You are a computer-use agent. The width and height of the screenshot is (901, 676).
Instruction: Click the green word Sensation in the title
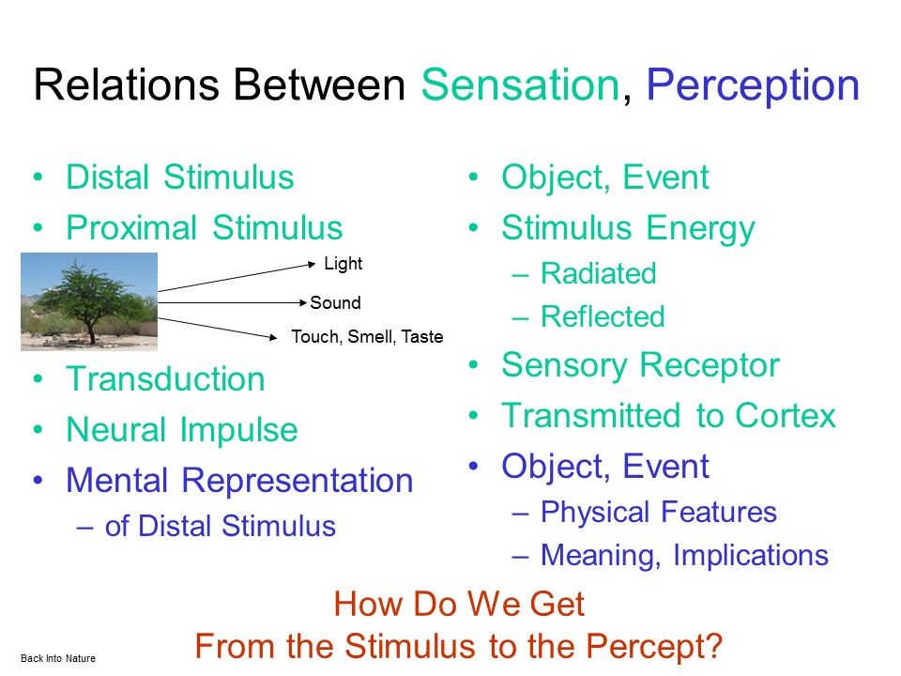coord(520,84)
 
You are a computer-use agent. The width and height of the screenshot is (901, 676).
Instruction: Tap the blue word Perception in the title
coord(753,87)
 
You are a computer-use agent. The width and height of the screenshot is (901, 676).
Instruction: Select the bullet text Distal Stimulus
coord(180,177)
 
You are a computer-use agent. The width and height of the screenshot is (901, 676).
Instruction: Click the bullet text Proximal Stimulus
coord(204,227)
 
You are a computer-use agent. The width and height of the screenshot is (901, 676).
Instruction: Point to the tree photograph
coord(89,301)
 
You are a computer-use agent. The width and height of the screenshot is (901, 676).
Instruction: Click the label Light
coord(344,264)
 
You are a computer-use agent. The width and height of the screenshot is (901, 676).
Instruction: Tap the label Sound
coord(336,303)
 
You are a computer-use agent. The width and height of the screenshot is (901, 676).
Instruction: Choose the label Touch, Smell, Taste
coord(367,337)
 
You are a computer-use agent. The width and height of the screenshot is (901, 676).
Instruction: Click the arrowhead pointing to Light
coord(312,265)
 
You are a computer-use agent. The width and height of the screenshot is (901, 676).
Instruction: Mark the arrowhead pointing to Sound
coord(303,302)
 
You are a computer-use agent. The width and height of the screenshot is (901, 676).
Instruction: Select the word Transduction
coord(165,379)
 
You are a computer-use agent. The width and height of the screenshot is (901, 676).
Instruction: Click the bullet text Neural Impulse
coord(182,430)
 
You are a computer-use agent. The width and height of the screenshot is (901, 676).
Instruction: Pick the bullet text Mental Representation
coord(239,481)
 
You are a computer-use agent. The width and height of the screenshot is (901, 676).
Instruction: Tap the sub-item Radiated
coord(598,273)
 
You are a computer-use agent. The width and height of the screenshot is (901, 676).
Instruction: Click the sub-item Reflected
coord(603,316)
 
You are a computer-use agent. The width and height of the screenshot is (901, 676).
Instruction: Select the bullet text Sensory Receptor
coord(640,365)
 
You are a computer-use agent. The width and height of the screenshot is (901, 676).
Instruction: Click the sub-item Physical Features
coord(659,513)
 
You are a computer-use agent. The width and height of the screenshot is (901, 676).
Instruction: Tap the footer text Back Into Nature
coord(58,659)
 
